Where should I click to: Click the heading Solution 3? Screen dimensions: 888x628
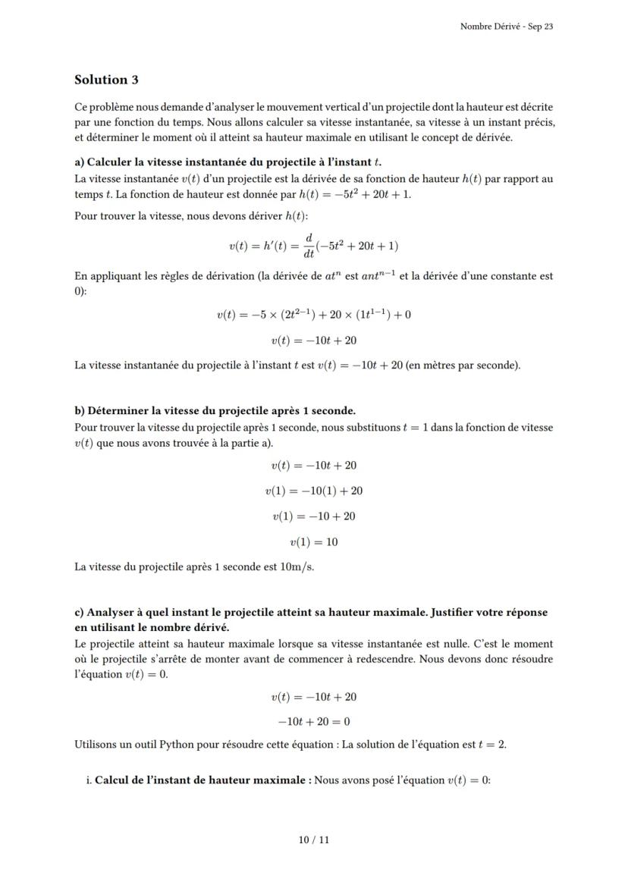click(106, 80)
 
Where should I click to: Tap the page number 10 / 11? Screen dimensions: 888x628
click(314, 839)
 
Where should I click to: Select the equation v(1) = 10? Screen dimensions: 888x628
click(314, 542)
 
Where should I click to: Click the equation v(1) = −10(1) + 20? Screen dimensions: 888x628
click(314, 491)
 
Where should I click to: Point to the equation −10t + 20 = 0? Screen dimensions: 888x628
click(314, 721)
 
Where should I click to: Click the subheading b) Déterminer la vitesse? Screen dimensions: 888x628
click(215, 410)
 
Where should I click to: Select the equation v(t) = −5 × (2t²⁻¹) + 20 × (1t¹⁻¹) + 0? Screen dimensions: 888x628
click(314, 315)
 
